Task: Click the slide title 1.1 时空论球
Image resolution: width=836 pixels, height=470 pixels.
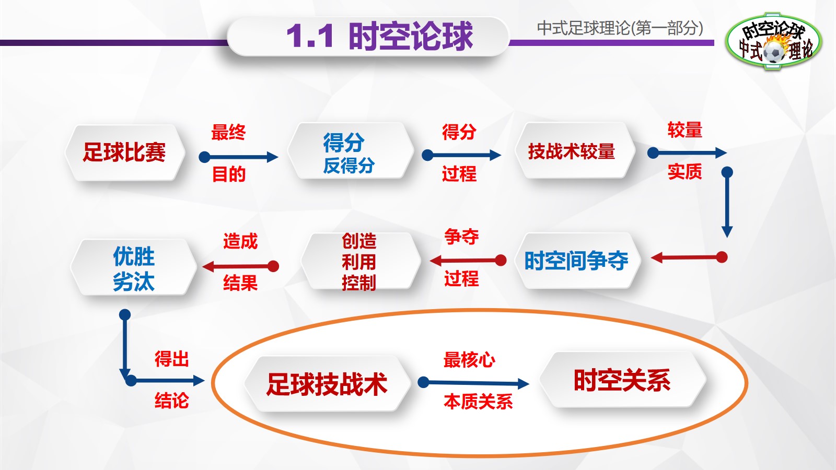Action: (379, 37)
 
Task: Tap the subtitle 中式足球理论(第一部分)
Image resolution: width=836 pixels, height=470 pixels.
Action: (620, 28)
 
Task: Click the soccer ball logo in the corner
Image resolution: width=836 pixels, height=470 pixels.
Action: (773, 42)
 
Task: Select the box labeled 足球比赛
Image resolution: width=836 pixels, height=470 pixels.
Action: (124, 152)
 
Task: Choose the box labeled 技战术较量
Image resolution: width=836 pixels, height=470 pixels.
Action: (572, 151)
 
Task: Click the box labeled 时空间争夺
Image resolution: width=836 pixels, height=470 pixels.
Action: (576, 261)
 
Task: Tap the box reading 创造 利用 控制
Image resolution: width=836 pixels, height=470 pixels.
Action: (359, 262)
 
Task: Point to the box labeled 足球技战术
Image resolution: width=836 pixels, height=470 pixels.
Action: (327, 384)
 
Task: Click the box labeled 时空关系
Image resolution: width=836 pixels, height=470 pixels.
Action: (622, 380)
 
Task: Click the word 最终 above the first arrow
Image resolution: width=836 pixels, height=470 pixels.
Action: (228, 133)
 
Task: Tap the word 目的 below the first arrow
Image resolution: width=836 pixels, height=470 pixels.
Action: (229, 174)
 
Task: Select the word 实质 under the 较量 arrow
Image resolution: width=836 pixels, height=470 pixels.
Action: (684, 171)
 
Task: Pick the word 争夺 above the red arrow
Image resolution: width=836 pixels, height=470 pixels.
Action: (461, 237)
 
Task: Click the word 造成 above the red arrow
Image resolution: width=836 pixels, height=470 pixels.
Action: (240, 241)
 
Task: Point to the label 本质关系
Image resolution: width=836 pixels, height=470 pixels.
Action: (478, 402)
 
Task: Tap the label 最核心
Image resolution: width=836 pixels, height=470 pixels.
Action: (469, 360)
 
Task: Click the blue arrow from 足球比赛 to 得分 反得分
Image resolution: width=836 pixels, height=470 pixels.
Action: (238, 157)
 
